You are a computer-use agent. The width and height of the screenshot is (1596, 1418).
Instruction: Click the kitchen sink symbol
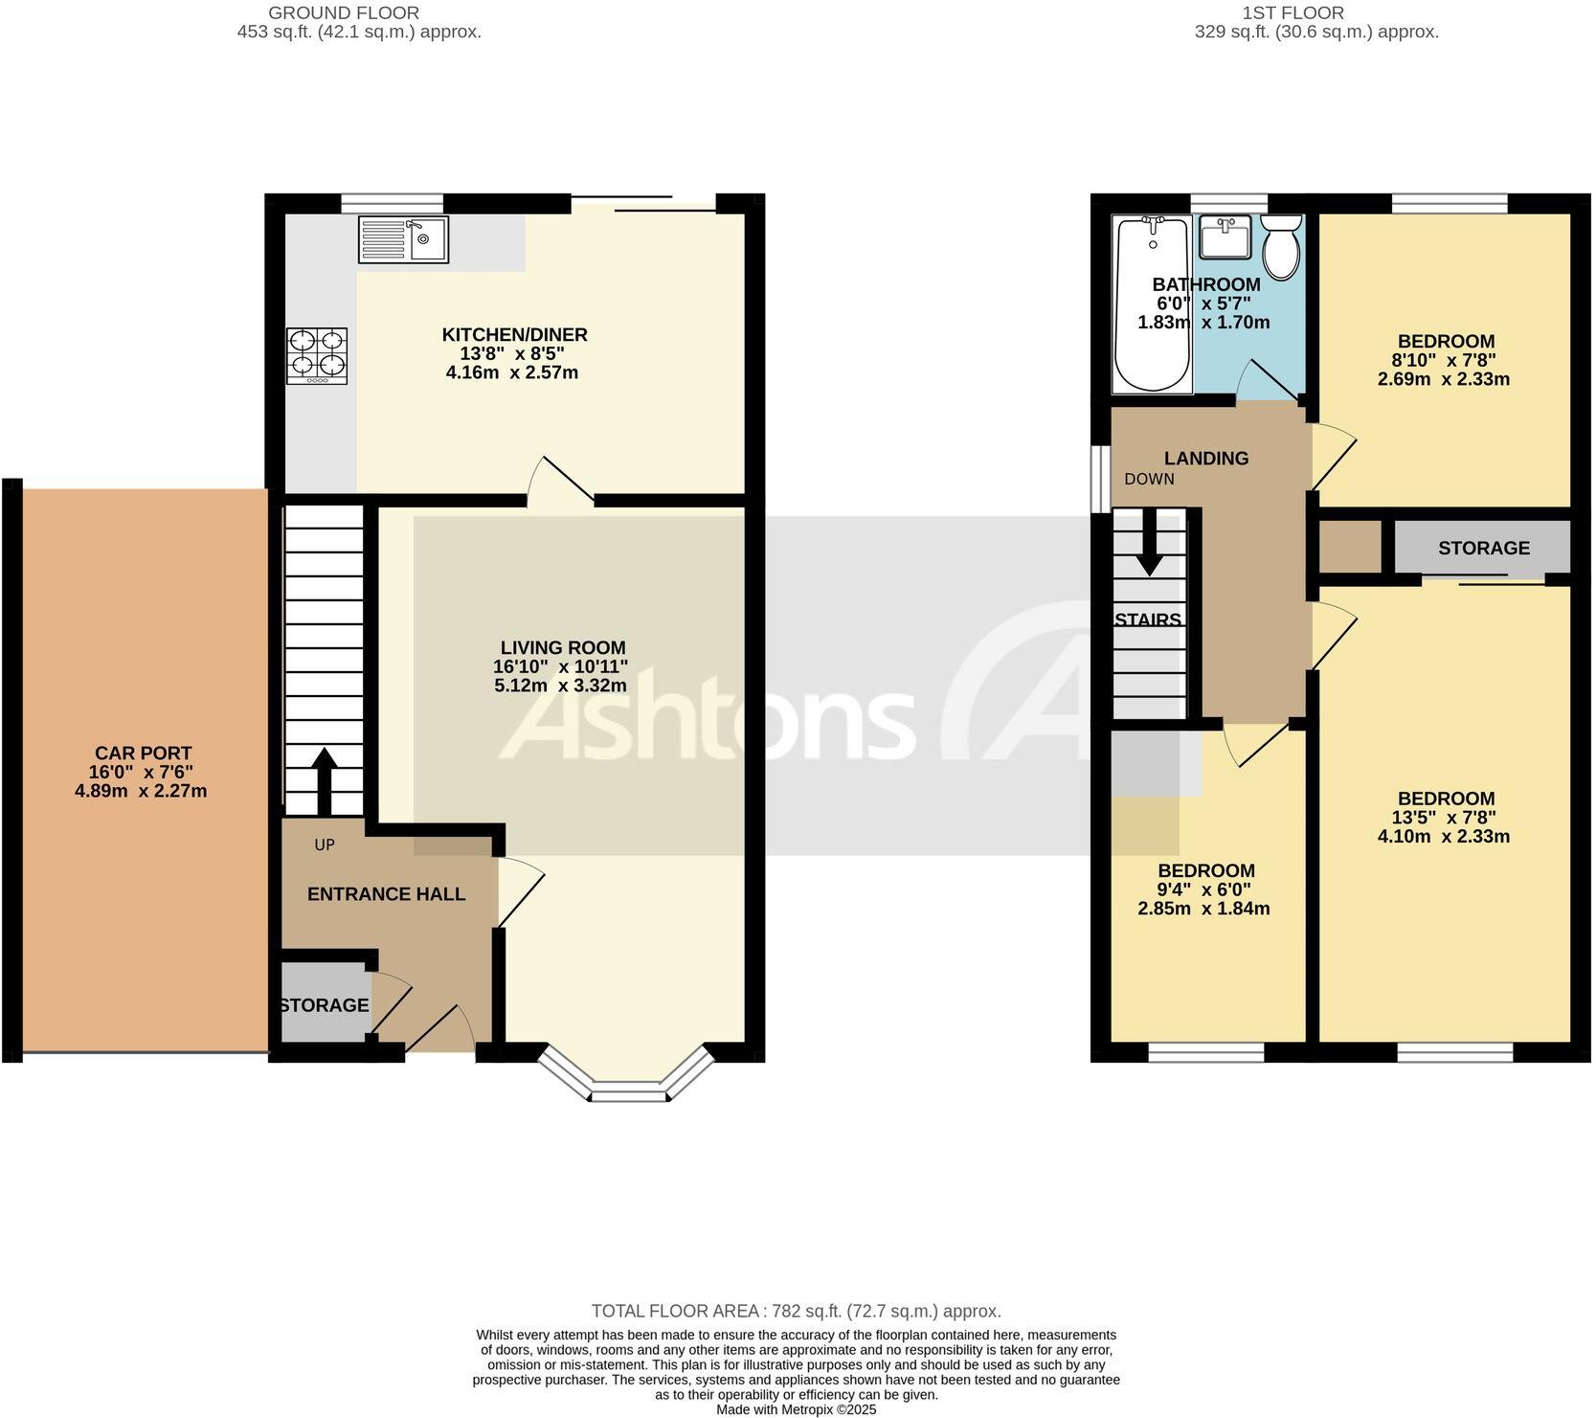click(403, 239)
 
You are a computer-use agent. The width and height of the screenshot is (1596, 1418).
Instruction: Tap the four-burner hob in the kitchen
click(317, 356)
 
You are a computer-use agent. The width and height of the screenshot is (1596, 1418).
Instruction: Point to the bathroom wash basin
click(1225, 236)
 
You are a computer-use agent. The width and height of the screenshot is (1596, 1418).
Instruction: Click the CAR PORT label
click(143, 754)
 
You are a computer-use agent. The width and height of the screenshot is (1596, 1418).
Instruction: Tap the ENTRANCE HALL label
click(386, 894)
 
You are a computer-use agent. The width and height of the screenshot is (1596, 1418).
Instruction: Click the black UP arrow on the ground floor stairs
click(324, 780)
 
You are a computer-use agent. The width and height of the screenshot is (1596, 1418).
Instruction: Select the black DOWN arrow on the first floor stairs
click(1149, 542)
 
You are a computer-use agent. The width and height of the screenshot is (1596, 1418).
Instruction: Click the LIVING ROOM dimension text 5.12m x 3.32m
click(560, 686)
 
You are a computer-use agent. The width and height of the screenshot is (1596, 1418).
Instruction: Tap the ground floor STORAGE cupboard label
click(324, 1005)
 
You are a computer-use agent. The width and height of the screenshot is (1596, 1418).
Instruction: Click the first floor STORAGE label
click(1483, 548)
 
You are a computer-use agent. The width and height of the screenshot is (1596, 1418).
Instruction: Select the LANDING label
click(1205, 459)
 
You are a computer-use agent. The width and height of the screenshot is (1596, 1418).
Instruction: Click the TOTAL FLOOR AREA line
click(796, 1311)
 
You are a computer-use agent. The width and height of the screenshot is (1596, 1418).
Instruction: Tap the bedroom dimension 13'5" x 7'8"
click(1444, 818)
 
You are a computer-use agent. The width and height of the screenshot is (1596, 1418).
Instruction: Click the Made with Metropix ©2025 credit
click(796, 1409)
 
